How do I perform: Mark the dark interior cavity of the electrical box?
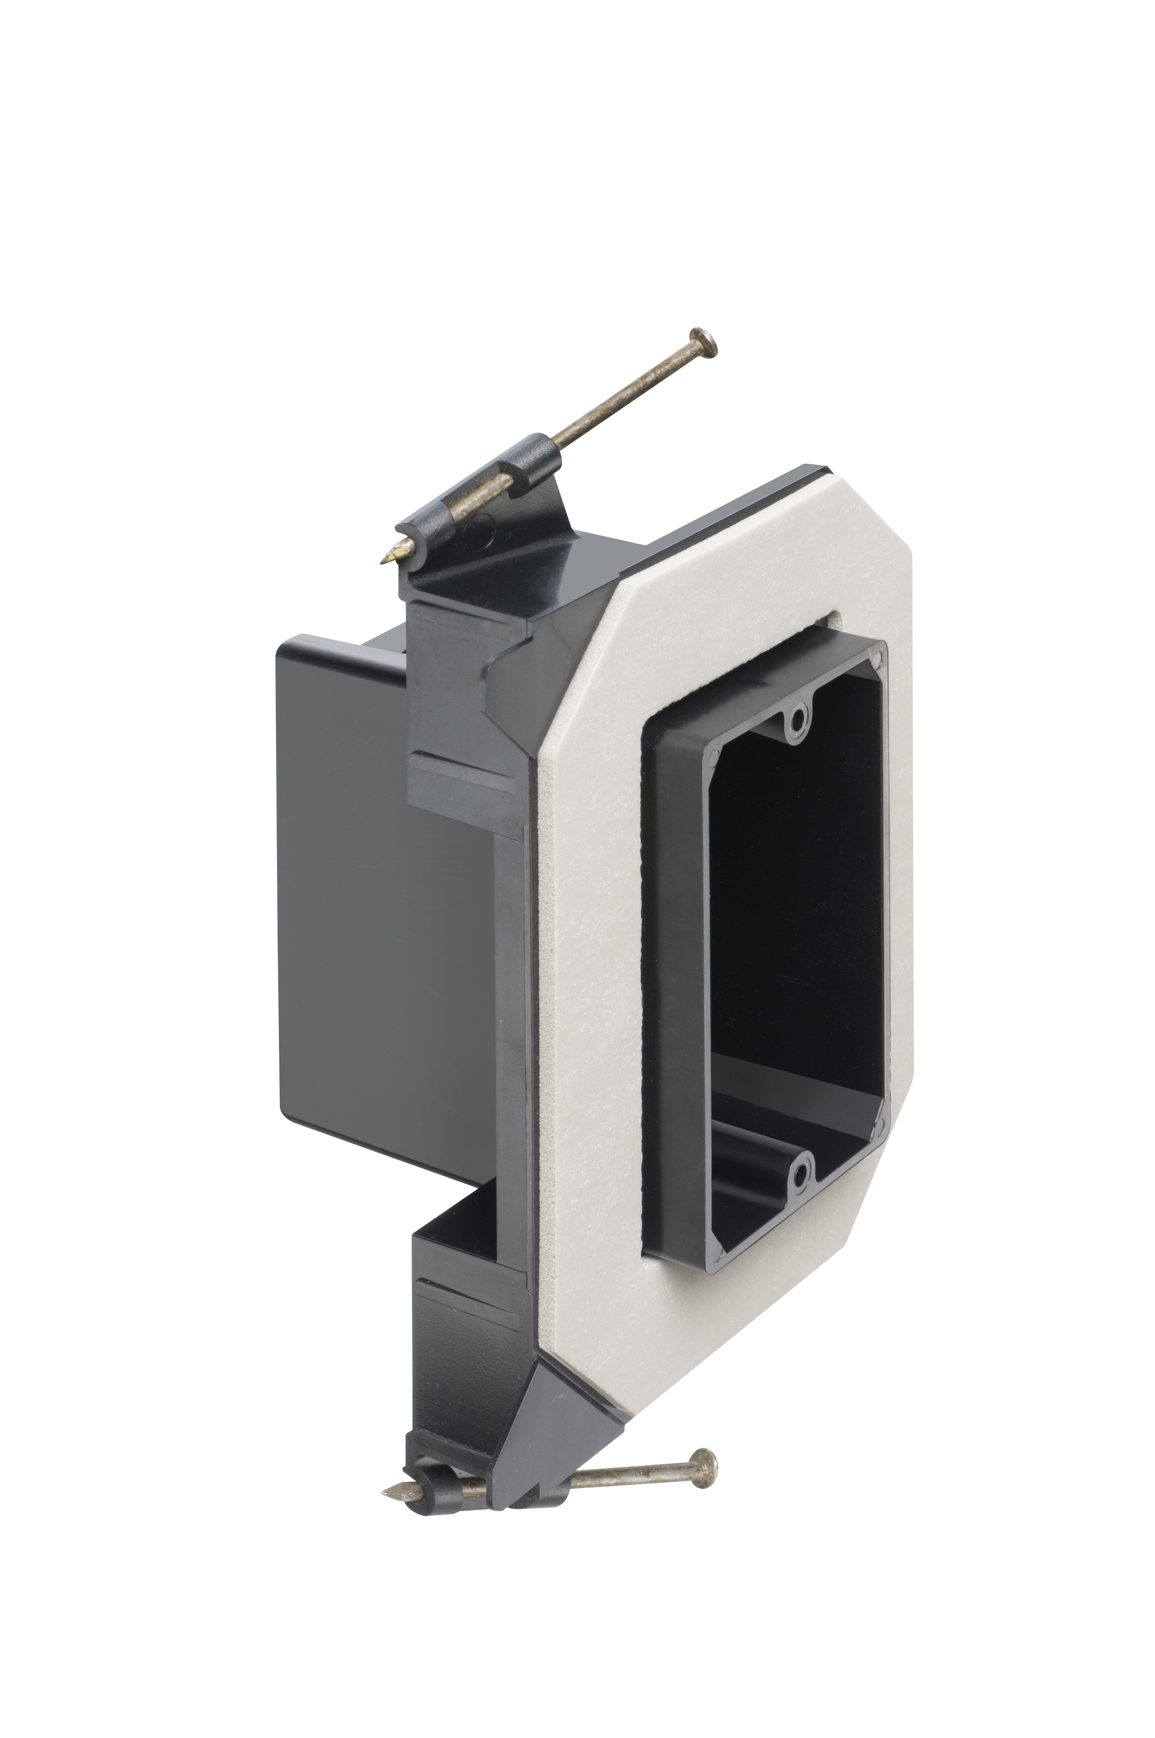click(x=796, y=920)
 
